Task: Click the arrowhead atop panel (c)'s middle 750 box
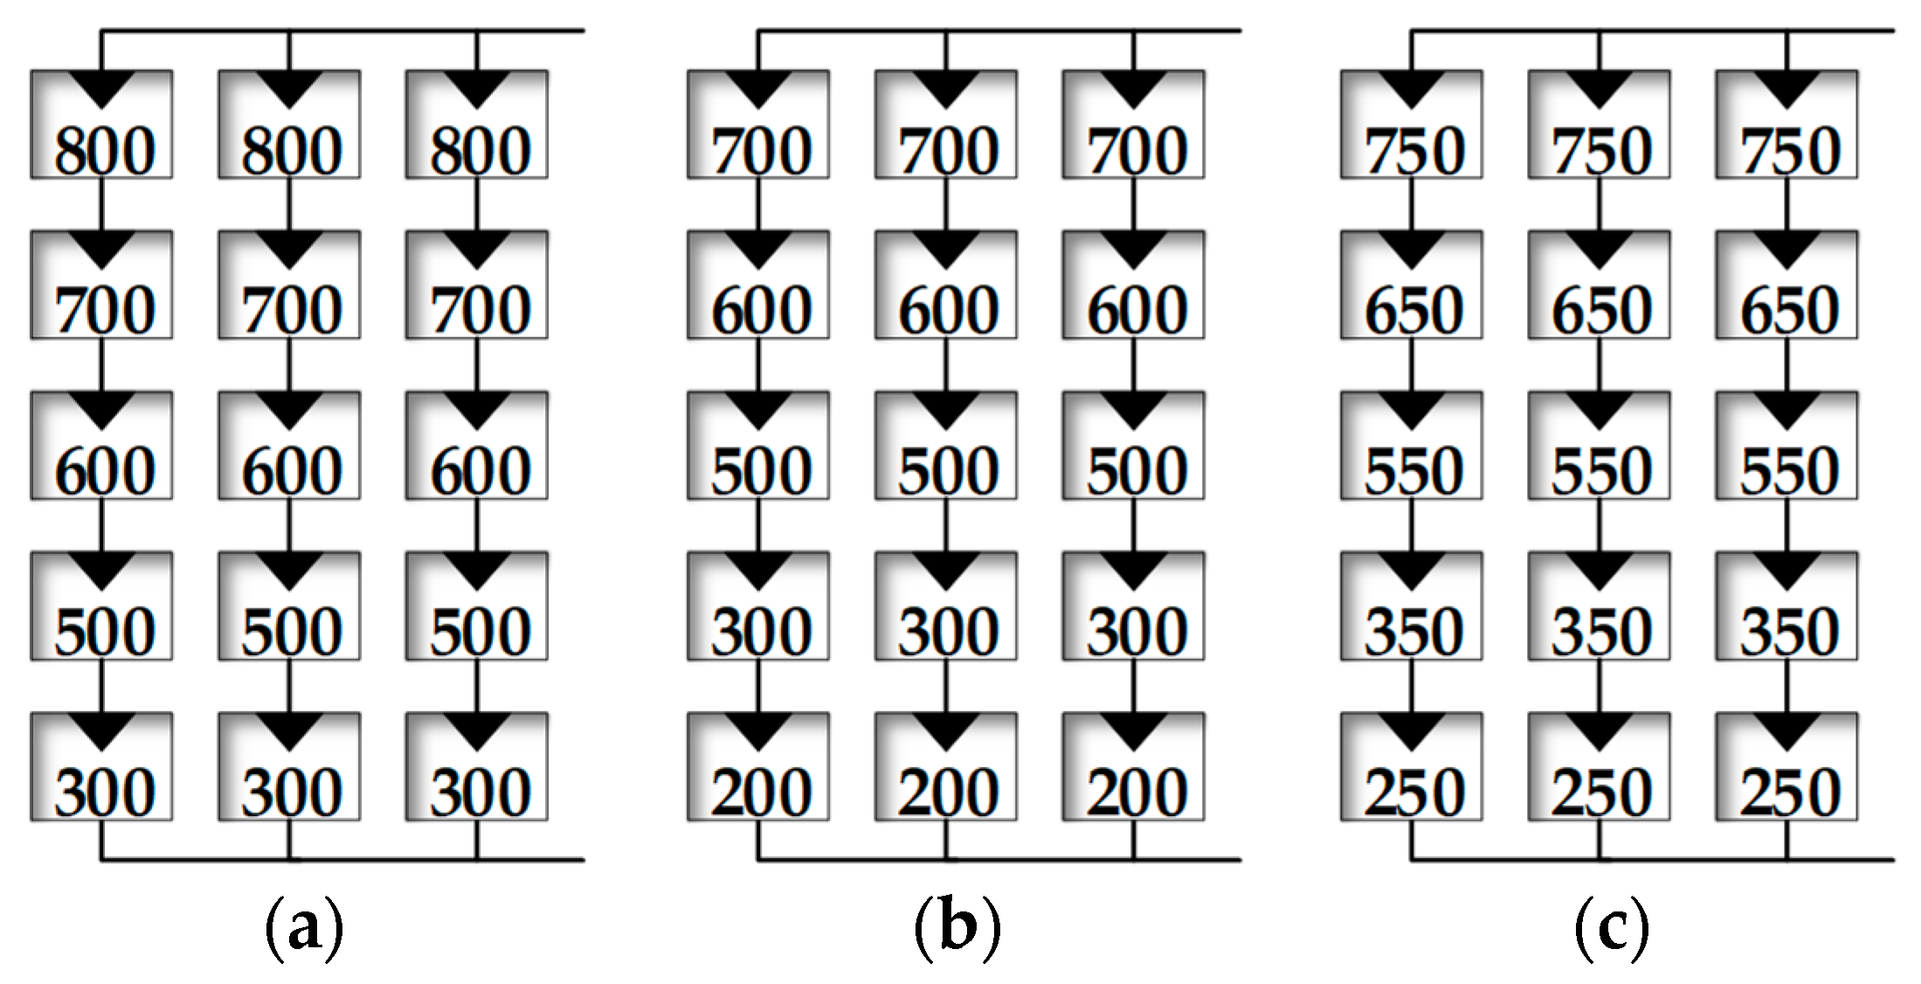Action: click(x=1600, y=88)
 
